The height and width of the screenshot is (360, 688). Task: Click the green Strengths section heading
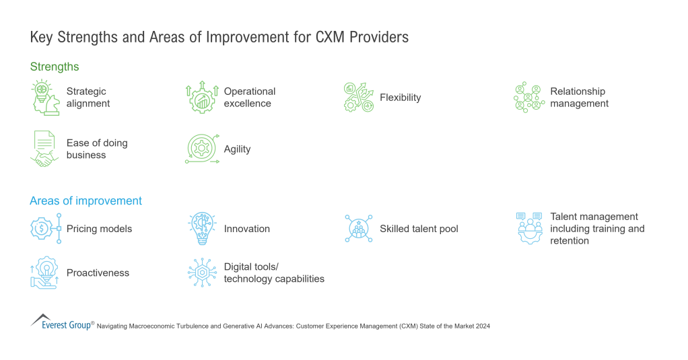point(55,67)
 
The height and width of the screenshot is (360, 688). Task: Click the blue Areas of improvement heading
point(85,201)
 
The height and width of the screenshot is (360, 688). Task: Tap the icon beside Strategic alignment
point(44,98)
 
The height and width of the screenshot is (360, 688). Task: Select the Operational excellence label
point(249,98)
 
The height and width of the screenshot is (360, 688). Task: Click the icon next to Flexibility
point(358,98)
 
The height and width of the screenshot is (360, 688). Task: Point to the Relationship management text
point(579,98)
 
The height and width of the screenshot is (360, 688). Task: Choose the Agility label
point(237,149)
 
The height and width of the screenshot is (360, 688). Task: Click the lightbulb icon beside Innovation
point(202,229)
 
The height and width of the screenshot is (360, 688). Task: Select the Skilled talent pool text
point(419,229)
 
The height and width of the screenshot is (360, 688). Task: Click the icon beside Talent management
point(530,229)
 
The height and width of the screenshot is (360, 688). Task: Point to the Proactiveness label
point(98,273)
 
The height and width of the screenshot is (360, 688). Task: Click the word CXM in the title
point(331,37)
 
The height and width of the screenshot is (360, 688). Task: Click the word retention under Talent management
point(570,241)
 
